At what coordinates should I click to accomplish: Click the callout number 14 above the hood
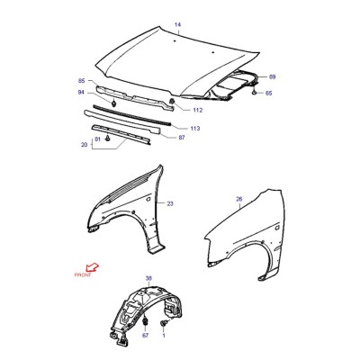coord(178,25)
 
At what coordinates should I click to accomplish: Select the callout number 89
coord(272,76)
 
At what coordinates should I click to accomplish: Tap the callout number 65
coord(268,94)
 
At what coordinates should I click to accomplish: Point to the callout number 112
coord(198,110)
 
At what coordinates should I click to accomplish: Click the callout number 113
coord(195,129)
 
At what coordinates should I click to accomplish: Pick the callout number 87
coord(182,138)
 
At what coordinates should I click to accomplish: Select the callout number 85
coord(82,81)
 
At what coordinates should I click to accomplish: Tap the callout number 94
coord(82,93)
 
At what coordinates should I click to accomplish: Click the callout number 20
coord(85,145)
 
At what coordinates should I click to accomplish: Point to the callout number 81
coord(97,139)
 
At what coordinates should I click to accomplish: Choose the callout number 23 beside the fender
coord(170,203)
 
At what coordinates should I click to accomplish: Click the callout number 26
coord(239,199)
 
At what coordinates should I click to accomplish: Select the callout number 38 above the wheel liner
coord(148,279)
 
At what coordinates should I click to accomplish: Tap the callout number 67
coord(145,336)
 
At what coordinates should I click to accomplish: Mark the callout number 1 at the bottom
coord(164,336)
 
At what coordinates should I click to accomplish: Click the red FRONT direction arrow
coord(93,266)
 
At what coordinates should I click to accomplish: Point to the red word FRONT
coord(83,274)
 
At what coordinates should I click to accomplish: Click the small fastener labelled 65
coord(254,92)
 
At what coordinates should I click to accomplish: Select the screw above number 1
coord(164,324)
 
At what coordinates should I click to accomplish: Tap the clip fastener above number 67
coord(145,322)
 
